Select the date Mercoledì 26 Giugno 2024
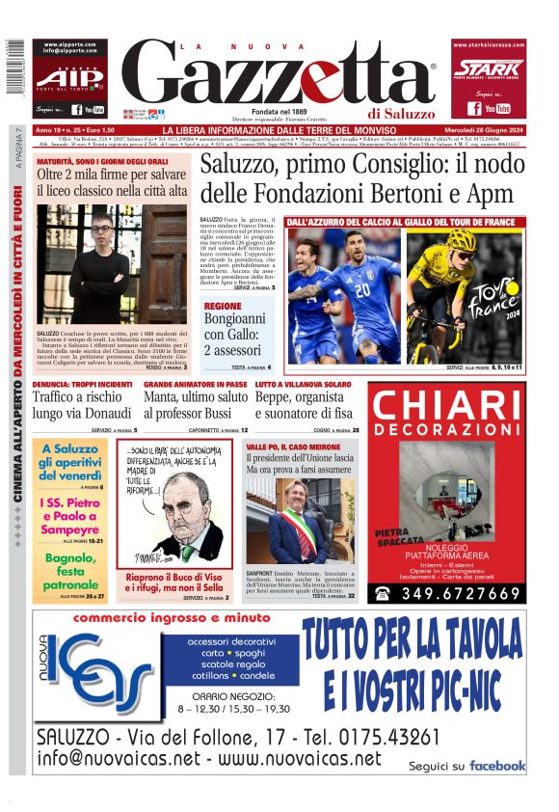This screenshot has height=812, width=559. [470, 130]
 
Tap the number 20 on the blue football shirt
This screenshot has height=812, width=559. [361, 290]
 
